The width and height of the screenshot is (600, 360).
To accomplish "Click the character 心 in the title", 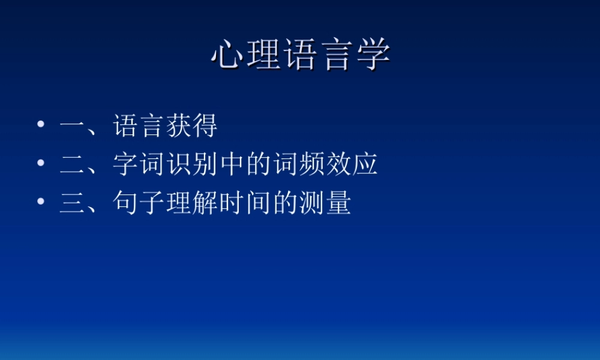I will [229, 55].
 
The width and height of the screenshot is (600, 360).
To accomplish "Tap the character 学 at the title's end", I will [373, 55].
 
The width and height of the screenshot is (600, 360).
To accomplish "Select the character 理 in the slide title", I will [264, 55].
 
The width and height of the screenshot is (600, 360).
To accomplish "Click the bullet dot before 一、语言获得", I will [41, 125].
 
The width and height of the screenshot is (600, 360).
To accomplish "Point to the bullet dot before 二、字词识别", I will [41, 163].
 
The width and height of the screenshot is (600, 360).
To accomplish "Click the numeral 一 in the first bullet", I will [72, 127].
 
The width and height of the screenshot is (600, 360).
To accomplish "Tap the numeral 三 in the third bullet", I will [72, 203].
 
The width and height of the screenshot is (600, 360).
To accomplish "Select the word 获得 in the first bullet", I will [191, 127].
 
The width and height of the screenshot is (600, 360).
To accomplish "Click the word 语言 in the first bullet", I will [139, 127].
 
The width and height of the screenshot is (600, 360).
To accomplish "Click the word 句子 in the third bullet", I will [139, 203].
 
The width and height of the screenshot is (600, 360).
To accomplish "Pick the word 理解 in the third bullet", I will [191, 203].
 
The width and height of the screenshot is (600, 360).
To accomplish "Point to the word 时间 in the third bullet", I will [244, 203].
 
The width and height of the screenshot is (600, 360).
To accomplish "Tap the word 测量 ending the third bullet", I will [325, 203].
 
